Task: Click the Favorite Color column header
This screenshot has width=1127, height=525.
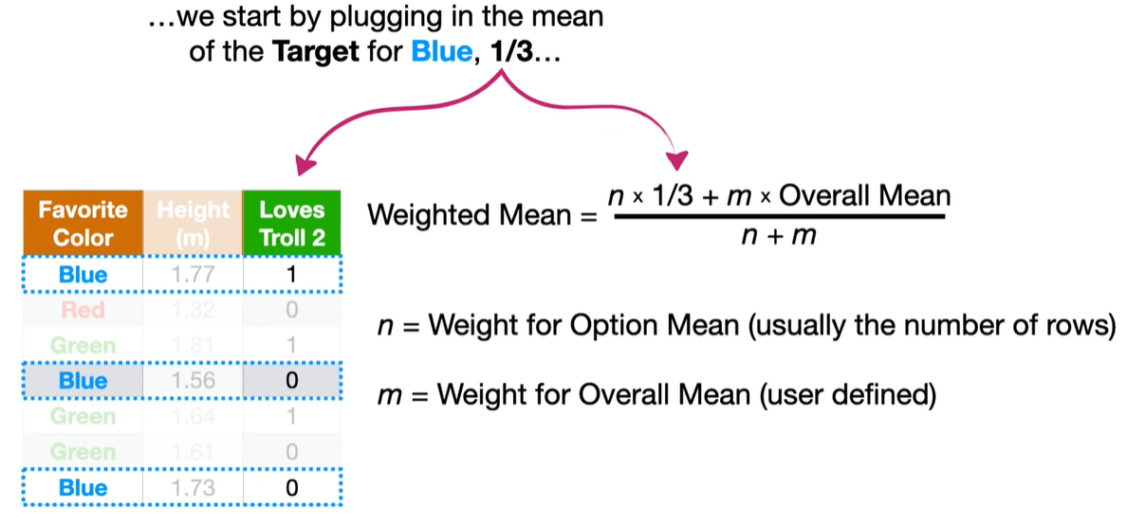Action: [x=83, y=224]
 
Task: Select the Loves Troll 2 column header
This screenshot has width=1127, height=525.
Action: [x=292, y=224]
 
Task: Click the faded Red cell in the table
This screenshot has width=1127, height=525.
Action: [x=83, y=311]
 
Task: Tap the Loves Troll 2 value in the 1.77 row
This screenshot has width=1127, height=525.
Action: [x=292, y=276]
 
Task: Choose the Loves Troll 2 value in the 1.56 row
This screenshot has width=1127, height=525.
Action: [x=292, y=381]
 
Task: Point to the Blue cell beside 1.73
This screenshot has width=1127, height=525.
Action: [x=83, y=488]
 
